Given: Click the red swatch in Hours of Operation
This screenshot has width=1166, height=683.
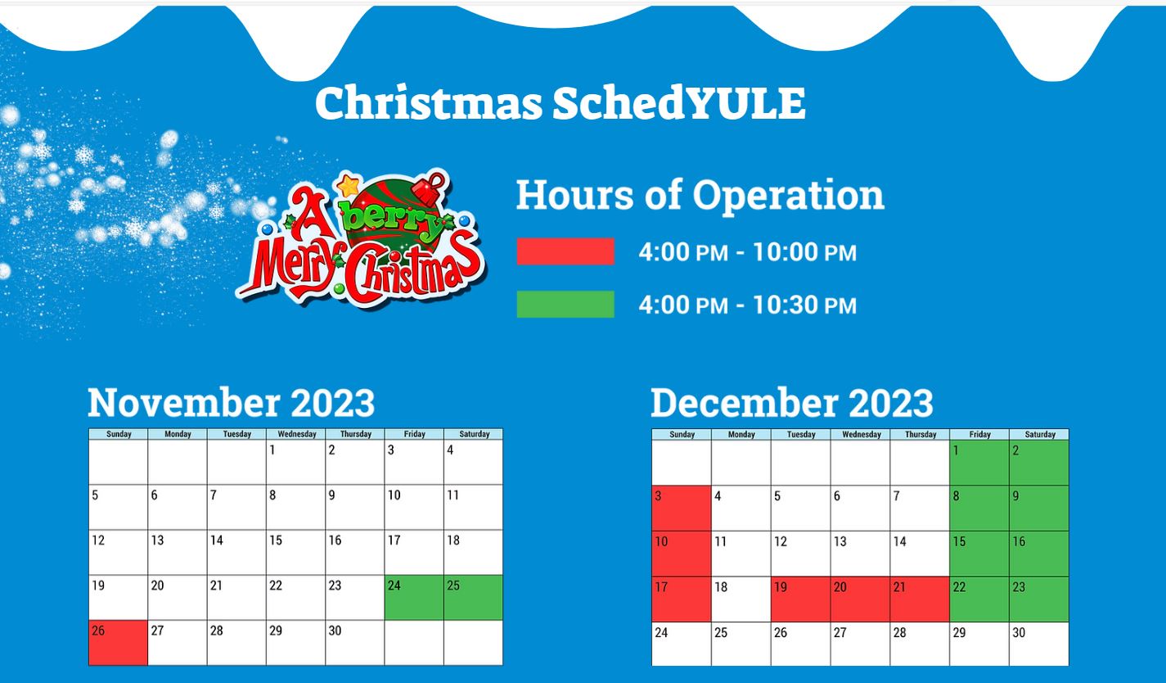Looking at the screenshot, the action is pyautogui.click(x=565, y=251).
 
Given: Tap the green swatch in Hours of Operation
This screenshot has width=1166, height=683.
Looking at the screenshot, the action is pyautogui.click(x=565, y=305).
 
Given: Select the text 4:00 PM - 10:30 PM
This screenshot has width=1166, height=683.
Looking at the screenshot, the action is pyautogui.click(x=748, y=305).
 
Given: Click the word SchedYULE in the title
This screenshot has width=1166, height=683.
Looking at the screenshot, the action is pyautogui.click(x=679, y=102).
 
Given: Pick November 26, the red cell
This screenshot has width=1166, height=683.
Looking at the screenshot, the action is pyautogui.click(x=118, y=642).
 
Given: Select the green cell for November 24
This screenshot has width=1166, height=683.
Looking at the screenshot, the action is pyautogui.click(x=414, y=598).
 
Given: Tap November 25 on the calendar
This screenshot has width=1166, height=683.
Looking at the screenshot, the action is pyautogui.click(x=473, y=598).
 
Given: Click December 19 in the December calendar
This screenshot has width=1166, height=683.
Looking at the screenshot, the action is pyautogui.click(x=800, y=599).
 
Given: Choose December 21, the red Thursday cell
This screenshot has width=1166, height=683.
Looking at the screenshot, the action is pyautogui.click(x=920, y=599).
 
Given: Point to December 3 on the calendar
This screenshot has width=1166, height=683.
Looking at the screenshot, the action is pyautogui.click(x=682, y=509).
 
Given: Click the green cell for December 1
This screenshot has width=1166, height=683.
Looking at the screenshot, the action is pyautogui.click(x=979, y=463).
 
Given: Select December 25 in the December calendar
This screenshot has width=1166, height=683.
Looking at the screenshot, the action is pyautogui.click(x=741, y=644).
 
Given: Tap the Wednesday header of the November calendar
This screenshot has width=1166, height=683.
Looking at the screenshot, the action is pyautogui.click(x=296, y=434).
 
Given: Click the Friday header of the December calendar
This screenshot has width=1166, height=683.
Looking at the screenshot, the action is pyautogui.click(x=979, y=435).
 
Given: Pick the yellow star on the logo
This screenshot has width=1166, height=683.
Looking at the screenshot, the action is pyautogui.click(x=349, y=186).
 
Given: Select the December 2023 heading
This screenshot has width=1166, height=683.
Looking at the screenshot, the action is pyautogui.click(x=792, y=403).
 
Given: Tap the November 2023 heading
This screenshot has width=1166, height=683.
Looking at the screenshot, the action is pyautogui.click(x=231, y=403).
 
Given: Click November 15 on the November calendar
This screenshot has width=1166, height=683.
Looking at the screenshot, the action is pyautogui.click(x=296, y=552).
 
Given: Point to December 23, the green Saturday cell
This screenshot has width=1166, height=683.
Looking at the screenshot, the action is pyautogui.click(x=1039, y=599).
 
